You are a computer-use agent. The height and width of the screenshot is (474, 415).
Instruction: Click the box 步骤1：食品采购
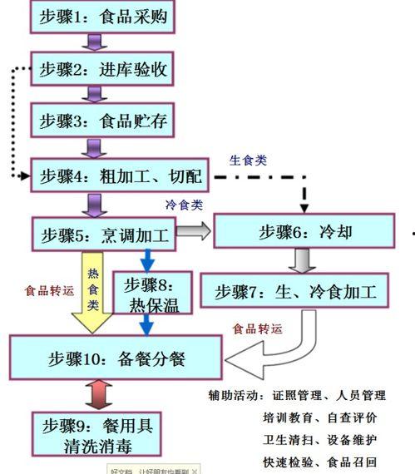tap(104, 16)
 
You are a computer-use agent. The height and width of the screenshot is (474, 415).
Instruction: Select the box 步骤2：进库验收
tap(104, 70)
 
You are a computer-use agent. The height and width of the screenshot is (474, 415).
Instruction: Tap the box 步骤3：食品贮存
tap(104, 121)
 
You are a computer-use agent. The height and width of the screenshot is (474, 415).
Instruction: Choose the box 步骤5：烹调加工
tap(104, 234)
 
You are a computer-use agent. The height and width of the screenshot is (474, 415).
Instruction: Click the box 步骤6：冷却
tap(302, 232)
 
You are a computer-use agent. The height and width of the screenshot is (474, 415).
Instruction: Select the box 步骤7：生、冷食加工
tap(295, 292)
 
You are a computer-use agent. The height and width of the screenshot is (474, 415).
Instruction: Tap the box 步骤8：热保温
tap(151, 293)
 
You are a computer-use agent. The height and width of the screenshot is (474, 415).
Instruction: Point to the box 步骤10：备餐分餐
tap(116, 360)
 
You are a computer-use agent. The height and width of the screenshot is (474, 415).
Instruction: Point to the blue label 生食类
tap(249, 160)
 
